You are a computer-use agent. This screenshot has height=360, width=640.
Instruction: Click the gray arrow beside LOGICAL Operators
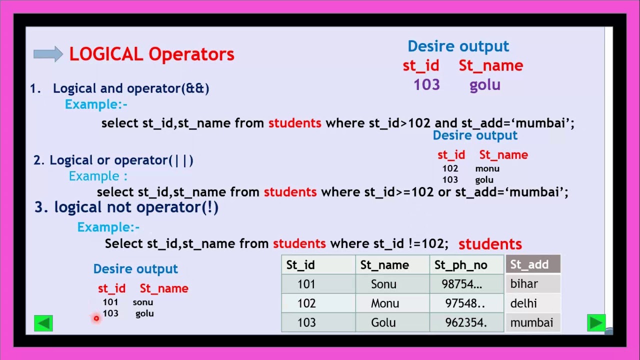coord(48,54)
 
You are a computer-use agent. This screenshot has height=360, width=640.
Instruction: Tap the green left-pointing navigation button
coord(43,323)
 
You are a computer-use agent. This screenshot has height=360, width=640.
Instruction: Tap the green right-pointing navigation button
coord(596,323)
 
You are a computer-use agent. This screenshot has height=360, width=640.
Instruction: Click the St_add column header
coord(532,264)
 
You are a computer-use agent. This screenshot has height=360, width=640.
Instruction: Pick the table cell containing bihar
coord(532,284)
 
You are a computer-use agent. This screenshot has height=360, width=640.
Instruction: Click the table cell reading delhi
coord(532,303)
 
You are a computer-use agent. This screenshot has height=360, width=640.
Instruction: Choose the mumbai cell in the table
coord(532,323)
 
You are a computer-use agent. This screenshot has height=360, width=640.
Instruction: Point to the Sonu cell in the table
coord(383,284)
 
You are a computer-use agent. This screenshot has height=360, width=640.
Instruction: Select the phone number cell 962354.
coord(466,323)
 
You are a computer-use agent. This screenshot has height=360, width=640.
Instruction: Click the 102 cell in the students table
coord(306,303)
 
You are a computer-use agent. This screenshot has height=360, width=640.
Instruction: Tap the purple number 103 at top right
coord(426,85)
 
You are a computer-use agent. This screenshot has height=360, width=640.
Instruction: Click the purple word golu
coord(484,85)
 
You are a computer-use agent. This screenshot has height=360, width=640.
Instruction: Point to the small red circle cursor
coord(96,318)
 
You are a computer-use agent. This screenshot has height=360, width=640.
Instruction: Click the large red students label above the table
coord(490,244)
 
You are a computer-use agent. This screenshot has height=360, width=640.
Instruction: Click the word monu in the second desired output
coord(487,168)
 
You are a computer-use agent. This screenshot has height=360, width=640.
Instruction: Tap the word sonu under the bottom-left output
coord(143,302)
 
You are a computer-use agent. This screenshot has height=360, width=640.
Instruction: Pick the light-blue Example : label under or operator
coord(98,176)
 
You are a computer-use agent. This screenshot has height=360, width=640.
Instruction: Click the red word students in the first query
coord(294,123)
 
